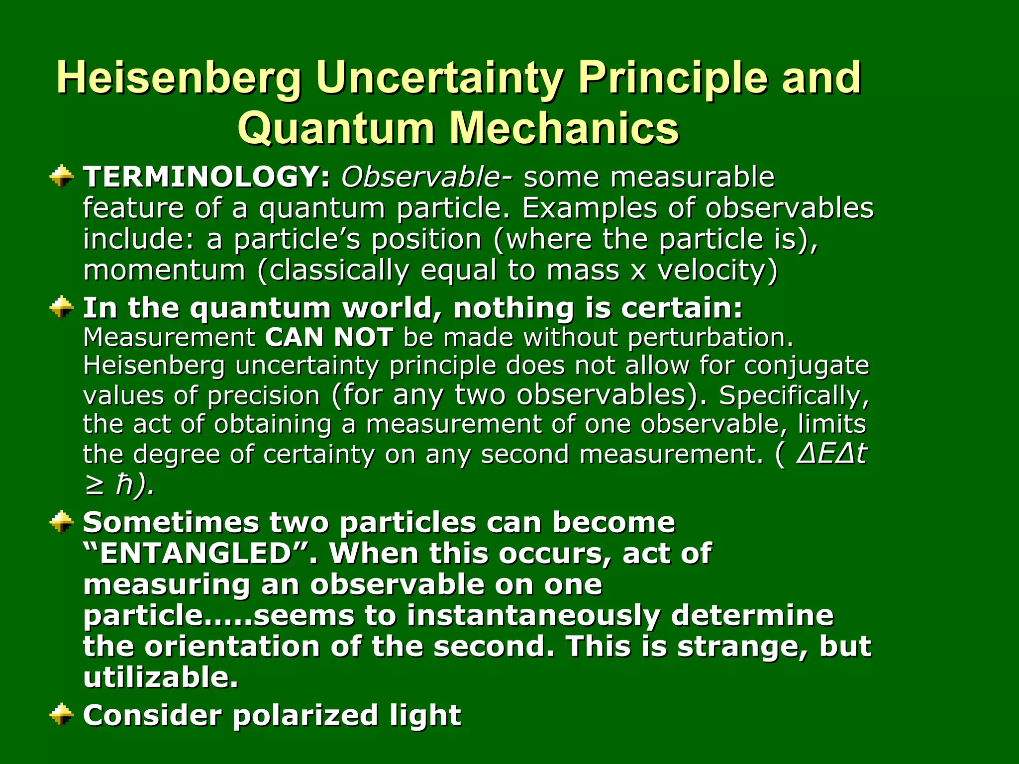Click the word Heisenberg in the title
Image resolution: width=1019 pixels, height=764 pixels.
click(x=179, y=78)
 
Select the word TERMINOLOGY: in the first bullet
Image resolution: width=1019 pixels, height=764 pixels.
click(x=206, y=177)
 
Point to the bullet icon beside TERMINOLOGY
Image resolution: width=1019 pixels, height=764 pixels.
click(x=62, y=177)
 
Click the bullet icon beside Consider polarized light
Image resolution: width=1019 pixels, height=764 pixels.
click(x=62, y=715)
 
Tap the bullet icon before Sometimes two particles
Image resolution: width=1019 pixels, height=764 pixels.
click(x=62, y=522)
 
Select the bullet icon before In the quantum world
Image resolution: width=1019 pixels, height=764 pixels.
click(x=62, y=307)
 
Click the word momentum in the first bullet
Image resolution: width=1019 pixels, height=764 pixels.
click(x=164, y=271)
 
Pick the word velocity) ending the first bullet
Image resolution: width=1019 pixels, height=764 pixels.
click(x=717, y=271)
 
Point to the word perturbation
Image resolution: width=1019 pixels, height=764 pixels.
click(x=710, y=338)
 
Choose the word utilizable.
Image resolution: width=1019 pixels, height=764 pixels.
click(x=160, y=677)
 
